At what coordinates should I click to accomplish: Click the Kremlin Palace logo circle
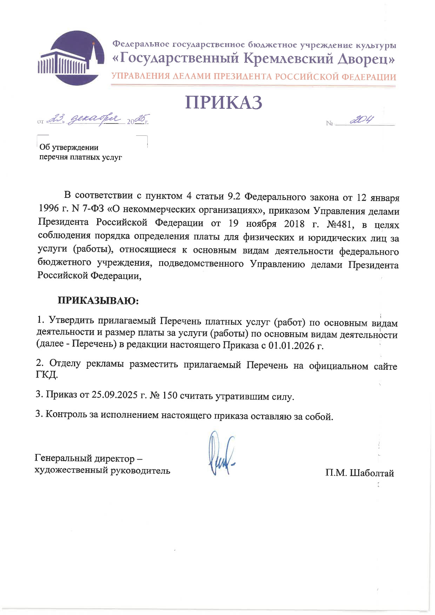[72, 58]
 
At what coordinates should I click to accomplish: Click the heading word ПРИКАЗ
[224, 102]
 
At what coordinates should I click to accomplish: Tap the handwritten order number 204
[361, 121]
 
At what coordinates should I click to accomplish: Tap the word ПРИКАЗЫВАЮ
[99, 301]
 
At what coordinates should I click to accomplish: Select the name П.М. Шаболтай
[360, 473]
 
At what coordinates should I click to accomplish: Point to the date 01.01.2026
[291, 346]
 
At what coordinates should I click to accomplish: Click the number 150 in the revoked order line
[170, 396]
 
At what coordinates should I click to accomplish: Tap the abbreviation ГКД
[47, 375]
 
